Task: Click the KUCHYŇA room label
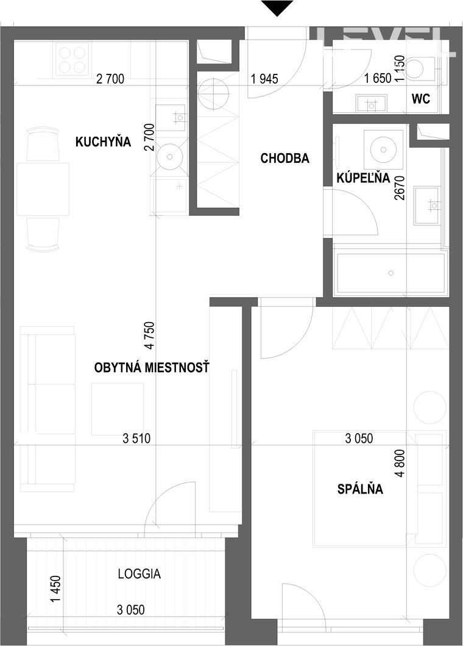pyautogui.click(x=103, y=142)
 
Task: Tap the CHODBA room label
pyautogui.click(x=285, y=158)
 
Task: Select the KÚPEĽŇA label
pyautogui.click(x=363, y=178)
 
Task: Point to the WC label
pyautogui.click(x=420, y=99)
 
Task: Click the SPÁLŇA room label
pyautogui.click(x=360, y=489)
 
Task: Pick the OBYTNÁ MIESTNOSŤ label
pyautogui.click(x=152, y=367)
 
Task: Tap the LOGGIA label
pyautogui.click(x=139, y=574)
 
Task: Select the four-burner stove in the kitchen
pyautogui.click(x=72, y=60)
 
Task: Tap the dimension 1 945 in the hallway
pyautogui.click(x=264, y=78)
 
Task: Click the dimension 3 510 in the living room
pyautogui.click(x=136, y=439)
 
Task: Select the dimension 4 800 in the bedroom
pyautogui.click(x=400, y=463)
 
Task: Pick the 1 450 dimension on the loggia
pyautogui.click(x=55, y=589)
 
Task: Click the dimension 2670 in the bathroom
pyautogui.click(x=399, y=187)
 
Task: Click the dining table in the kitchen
pyautogui.click(x=43, y=189)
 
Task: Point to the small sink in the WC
pyautogui.click(x=372, y=104)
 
